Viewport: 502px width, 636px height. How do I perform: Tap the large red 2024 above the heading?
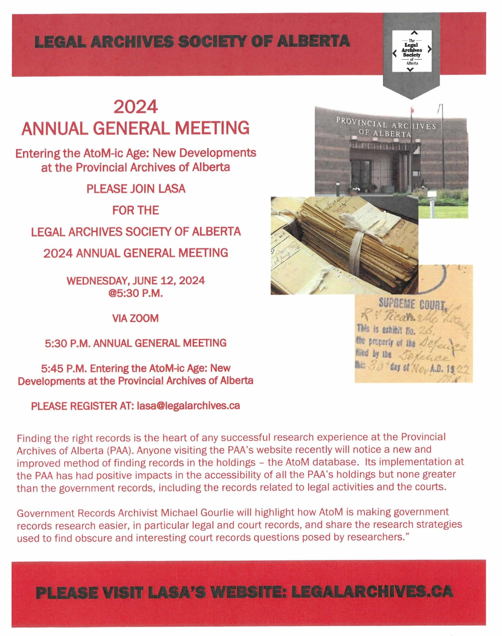click(136, 108)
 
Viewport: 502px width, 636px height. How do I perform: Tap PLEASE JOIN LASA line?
click(136, 189)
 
